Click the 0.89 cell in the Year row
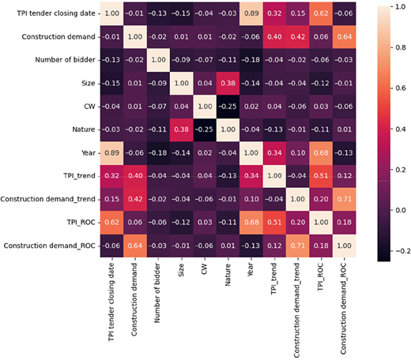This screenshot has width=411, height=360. pyautogui.click(x=111, y=153)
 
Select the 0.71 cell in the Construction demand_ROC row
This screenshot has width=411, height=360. pyautogui.click(x=298, y=246)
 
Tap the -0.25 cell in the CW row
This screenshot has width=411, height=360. pyautogui.click(x=228, y=107)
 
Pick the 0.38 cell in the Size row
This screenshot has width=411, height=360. pyautogui.click(x=228, y=83)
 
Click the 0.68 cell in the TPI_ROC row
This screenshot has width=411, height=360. pyautogui.click(x=251, y=223)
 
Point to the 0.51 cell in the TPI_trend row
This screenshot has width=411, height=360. pyautogui.click(x=321, y=176)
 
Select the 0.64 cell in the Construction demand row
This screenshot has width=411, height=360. pyautogui.click(x=345, y=36)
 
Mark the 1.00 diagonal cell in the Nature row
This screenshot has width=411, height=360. pyautogui.click(x=228, y=129)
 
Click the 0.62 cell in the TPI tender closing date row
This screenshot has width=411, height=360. pyautogui.click(x=321, y=13)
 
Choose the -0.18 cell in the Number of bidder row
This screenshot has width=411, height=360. pyautogui.click(x=251, y=60)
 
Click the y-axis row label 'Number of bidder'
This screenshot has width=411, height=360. pyautogui.click(x=65, y=60)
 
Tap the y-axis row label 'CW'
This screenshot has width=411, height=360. pyautogui.click(x=89, y=107)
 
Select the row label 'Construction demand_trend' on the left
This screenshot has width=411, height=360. pyautogui.click(x=47, y=199)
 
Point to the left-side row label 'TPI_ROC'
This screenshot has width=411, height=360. pyautogui.click(x=81, y=223)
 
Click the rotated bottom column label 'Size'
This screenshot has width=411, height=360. pyautogui.click(x=181, y=270)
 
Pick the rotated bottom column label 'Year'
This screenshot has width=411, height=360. pyautogui.click(x=251, y=269)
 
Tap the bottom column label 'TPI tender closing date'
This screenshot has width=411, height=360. pyautogui.click(x=111, y=302)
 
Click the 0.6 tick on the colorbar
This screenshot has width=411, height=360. pyautogui.click(x=392, y=88)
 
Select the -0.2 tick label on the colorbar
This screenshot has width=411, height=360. pyautogui.click(x=403, y=251)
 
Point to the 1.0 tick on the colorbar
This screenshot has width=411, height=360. pyautogui.click(x=392, y=7)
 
